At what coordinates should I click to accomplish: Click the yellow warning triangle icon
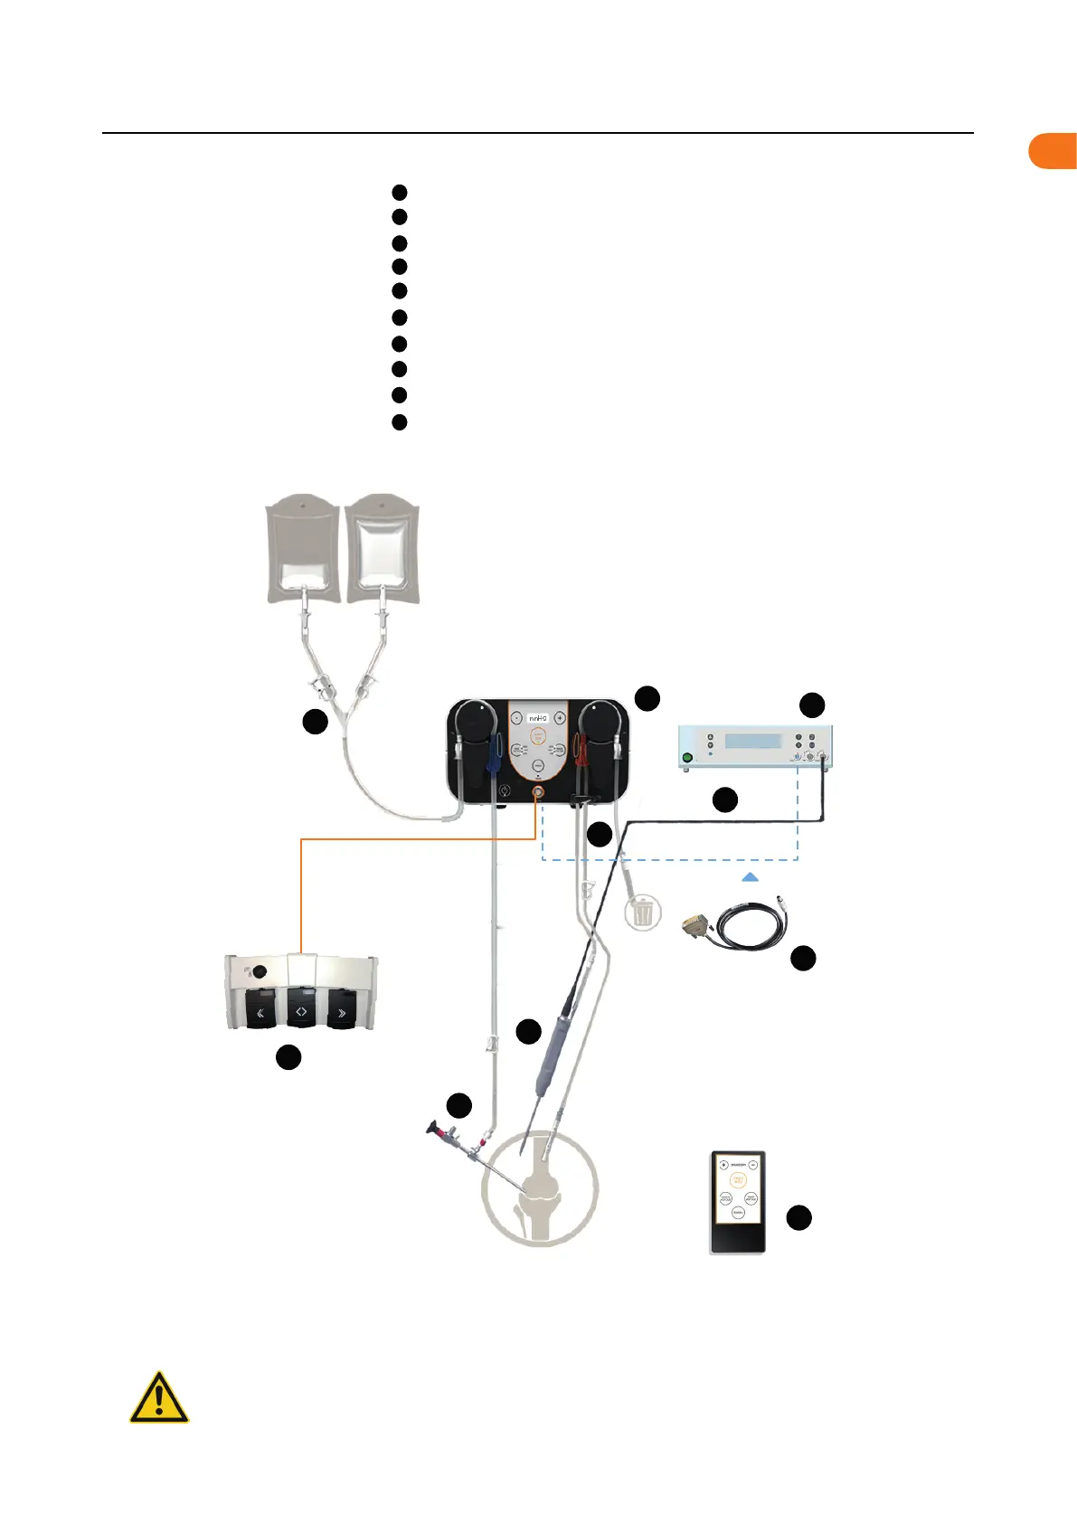coord(159,1399)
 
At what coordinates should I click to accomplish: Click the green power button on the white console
coord(687,758)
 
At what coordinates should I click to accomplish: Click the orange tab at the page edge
coord(1053,151)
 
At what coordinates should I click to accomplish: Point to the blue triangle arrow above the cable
coord(750,876)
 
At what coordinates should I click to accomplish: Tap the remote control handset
coord(738,1202)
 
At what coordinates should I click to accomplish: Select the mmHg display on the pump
coord(537,717)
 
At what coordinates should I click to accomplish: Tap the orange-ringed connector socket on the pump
coord(537,792)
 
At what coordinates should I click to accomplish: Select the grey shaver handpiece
coord(552,1054)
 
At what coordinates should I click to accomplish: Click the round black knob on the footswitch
coord(260,972)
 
